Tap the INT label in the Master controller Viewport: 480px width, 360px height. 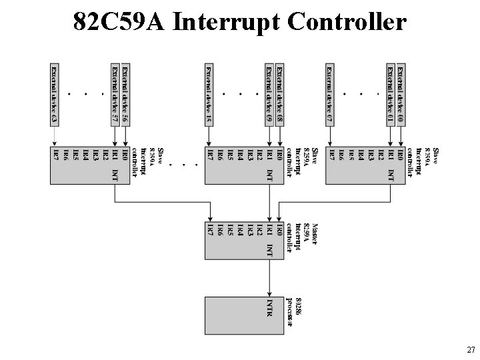269,250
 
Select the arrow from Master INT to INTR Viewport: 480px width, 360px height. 269,277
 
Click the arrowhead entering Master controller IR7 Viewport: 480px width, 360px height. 209,218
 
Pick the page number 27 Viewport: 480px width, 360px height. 470,349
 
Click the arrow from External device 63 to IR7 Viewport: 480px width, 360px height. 55,137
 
